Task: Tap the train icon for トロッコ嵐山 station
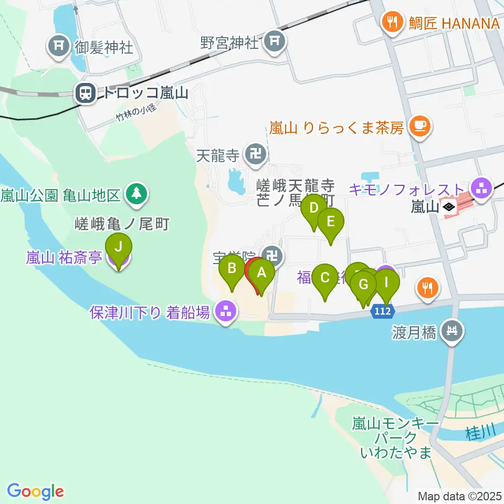pos(85,94)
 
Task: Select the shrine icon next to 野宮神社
pos(274,41)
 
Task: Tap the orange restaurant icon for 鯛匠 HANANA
pos(392,23)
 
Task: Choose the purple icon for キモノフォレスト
pos(481,187)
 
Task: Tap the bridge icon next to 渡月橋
pos(451,332)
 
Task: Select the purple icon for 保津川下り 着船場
pos(226,313)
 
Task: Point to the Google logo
pos(36,491)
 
